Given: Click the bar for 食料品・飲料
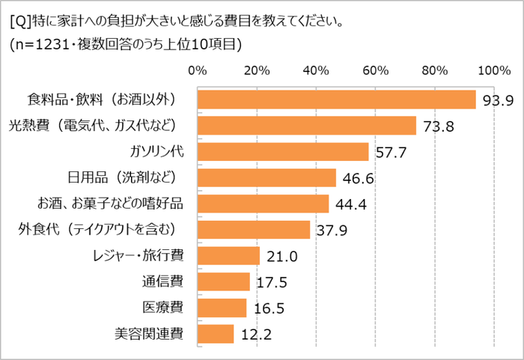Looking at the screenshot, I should (336, 100).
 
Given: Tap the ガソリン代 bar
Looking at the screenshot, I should (282, 152).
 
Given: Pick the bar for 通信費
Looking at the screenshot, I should (223, 281).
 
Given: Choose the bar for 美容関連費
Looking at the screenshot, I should (216, 333).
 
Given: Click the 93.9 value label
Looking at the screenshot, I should (497, 100).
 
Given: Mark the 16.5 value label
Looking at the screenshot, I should (267, 308).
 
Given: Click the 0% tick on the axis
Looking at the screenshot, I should (197, 71).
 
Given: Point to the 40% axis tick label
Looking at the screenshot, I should (315, 71).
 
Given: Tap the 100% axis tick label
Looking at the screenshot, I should (493, 71).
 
